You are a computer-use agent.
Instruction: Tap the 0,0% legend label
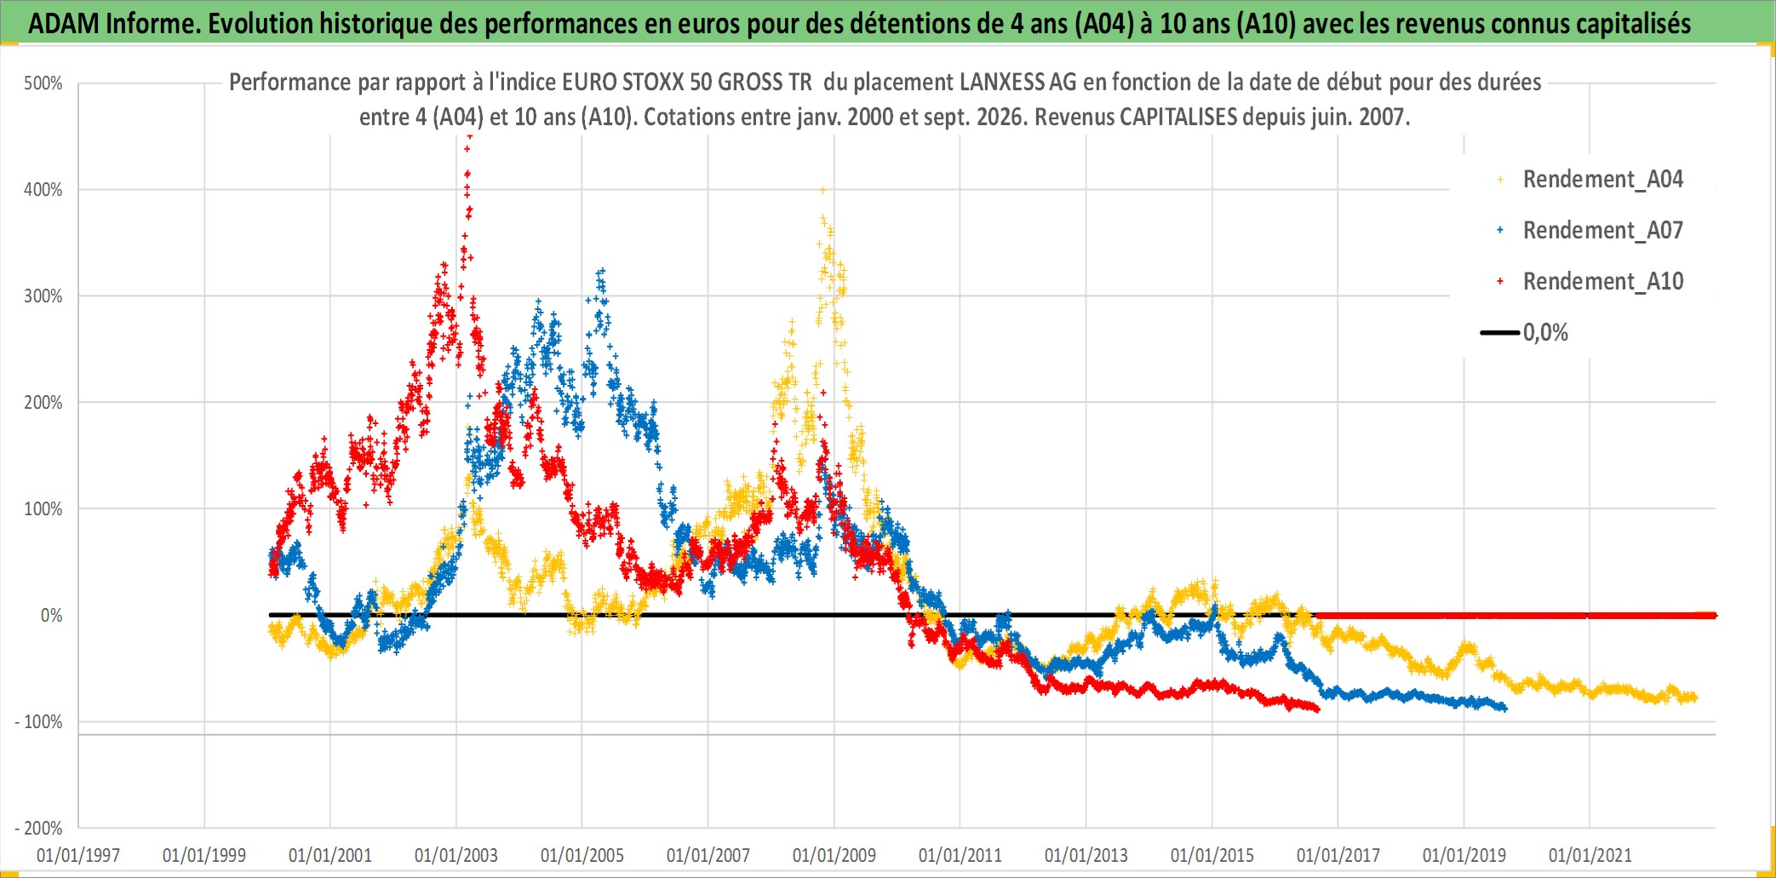pos(1545,333)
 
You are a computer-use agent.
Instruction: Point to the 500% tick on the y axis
pos(43,83)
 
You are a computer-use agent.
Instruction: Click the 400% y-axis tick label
pos(43,190)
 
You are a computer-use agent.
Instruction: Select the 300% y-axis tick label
pos(43,296)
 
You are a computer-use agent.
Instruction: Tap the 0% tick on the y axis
pos(51,616)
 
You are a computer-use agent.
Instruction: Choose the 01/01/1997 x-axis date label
pos(78,855)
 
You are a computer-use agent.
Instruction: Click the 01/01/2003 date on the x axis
pos(456,855)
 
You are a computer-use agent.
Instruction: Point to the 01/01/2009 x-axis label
pos(834,855)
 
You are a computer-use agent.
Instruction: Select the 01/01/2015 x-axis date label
pos(1212,855)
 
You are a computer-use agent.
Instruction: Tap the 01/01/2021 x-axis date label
pos(1590,855)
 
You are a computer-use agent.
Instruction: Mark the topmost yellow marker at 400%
pos(822,190)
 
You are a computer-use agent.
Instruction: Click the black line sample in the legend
pos(1500,333)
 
